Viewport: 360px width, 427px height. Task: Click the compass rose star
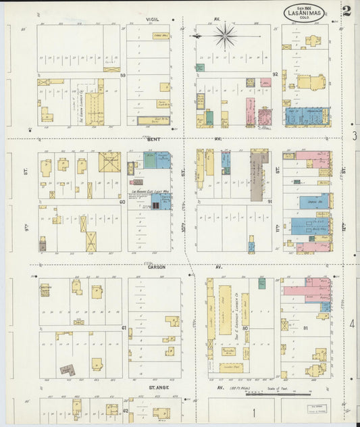[x=226, y=35]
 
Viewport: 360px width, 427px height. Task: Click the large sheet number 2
[x=346, y=11]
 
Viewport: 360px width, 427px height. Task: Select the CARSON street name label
[x=156, y=267]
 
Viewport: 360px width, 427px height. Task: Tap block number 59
[x=123, y=76]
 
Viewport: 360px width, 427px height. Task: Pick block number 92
[x=275, y=74]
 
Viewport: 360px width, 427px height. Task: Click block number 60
[x=122, y=201]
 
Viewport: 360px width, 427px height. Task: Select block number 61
[x=124, y=328]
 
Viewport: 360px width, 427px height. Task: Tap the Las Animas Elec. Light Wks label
[x=149, y=193]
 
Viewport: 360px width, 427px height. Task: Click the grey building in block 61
[x=66, y=370]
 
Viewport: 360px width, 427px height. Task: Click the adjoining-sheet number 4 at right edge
[x=352, y=324]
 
